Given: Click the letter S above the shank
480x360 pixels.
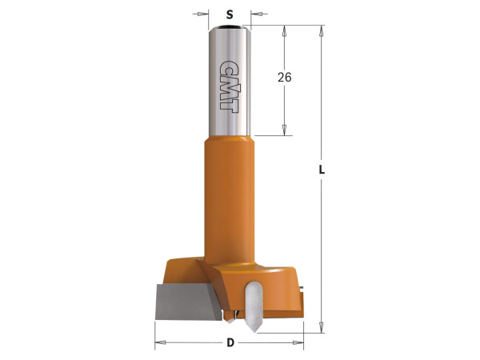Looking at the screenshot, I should (230, 14).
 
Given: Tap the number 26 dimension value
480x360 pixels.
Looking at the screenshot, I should (285, 78).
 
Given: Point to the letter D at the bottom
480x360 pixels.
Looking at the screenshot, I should (230, 343).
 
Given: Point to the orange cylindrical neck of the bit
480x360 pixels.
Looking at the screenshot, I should (230, 200).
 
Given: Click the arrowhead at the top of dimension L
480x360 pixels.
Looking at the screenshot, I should (322, 31).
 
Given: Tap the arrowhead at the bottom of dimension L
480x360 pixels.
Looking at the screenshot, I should (322, 325).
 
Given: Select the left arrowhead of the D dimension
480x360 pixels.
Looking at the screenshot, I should (159, 343).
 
